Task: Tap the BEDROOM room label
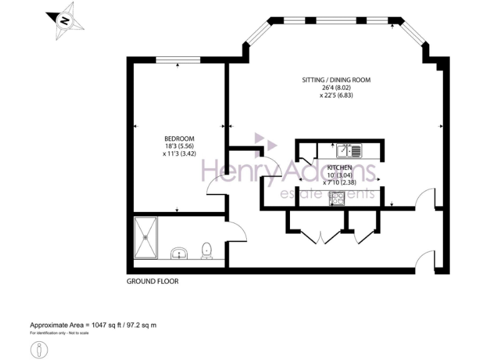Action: pos(179,139)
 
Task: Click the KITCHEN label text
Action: pos(339,168)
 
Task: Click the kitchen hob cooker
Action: pos(337,198)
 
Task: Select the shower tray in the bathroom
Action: pos(147,237)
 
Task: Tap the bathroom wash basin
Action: pos(180,253)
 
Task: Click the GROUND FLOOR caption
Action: pos(152,282)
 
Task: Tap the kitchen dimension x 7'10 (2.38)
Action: pos(339,183)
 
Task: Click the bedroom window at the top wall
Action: pos(178,59)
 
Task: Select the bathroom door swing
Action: pos(236,233)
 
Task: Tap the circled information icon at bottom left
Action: pos(39,350)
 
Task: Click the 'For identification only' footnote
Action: pos(59,333)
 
